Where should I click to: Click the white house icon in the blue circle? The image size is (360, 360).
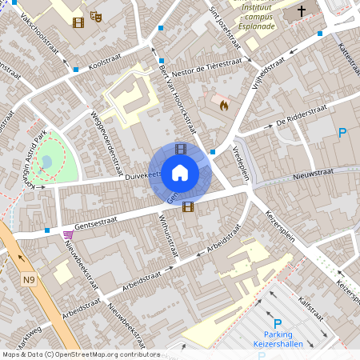click(x=180, y=171)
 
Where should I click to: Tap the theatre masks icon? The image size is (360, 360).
click(x=96, y=15)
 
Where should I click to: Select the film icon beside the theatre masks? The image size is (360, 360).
click(x=78, y=22)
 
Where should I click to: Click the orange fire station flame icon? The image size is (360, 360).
click(x=223, y=104)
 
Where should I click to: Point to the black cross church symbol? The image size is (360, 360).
click(x=302, y=11)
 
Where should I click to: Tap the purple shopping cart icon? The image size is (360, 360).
click(x=67, y=234)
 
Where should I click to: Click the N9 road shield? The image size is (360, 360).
click(x=30, y=279)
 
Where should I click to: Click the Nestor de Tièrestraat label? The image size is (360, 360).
click(x=202, y=67)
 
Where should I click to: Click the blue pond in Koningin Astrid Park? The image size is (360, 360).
click(x=46, y=162)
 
